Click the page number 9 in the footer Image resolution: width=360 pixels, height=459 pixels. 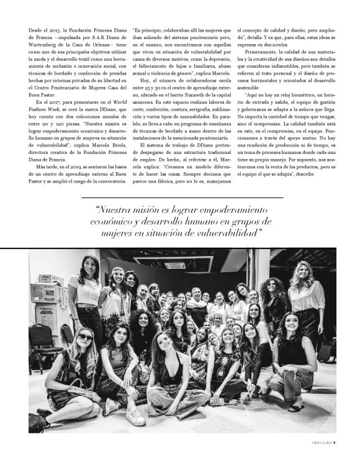[x=335, y=443]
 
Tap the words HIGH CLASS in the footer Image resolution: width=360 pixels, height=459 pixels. [x=321, y=443]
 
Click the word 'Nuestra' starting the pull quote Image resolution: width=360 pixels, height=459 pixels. [x=114, y=210]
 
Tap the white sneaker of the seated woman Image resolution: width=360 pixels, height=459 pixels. [x=135, y=416]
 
